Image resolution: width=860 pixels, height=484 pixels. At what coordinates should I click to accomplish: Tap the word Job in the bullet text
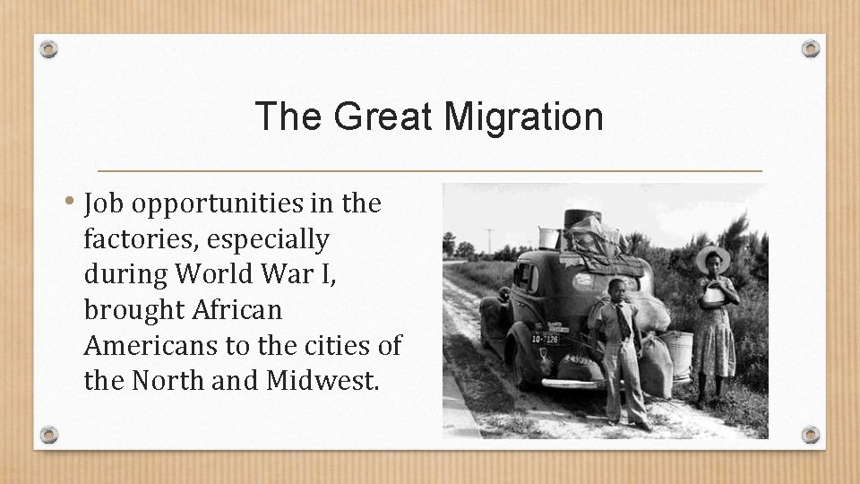pos(106,204)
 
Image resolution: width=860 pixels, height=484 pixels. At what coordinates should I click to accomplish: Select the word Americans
pos(140,345)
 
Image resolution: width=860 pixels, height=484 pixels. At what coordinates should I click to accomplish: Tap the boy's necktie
pos(619,323)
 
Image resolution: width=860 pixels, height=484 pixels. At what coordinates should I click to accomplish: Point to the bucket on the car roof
pos(548,238)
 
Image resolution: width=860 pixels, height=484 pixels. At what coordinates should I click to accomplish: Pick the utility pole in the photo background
pos(490,244)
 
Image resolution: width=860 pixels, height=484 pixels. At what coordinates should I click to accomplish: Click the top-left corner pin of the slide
pos(49,49)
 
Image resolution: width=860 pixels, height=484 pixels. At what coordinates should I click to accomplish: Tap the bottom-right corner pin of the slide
pos(810,435)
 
